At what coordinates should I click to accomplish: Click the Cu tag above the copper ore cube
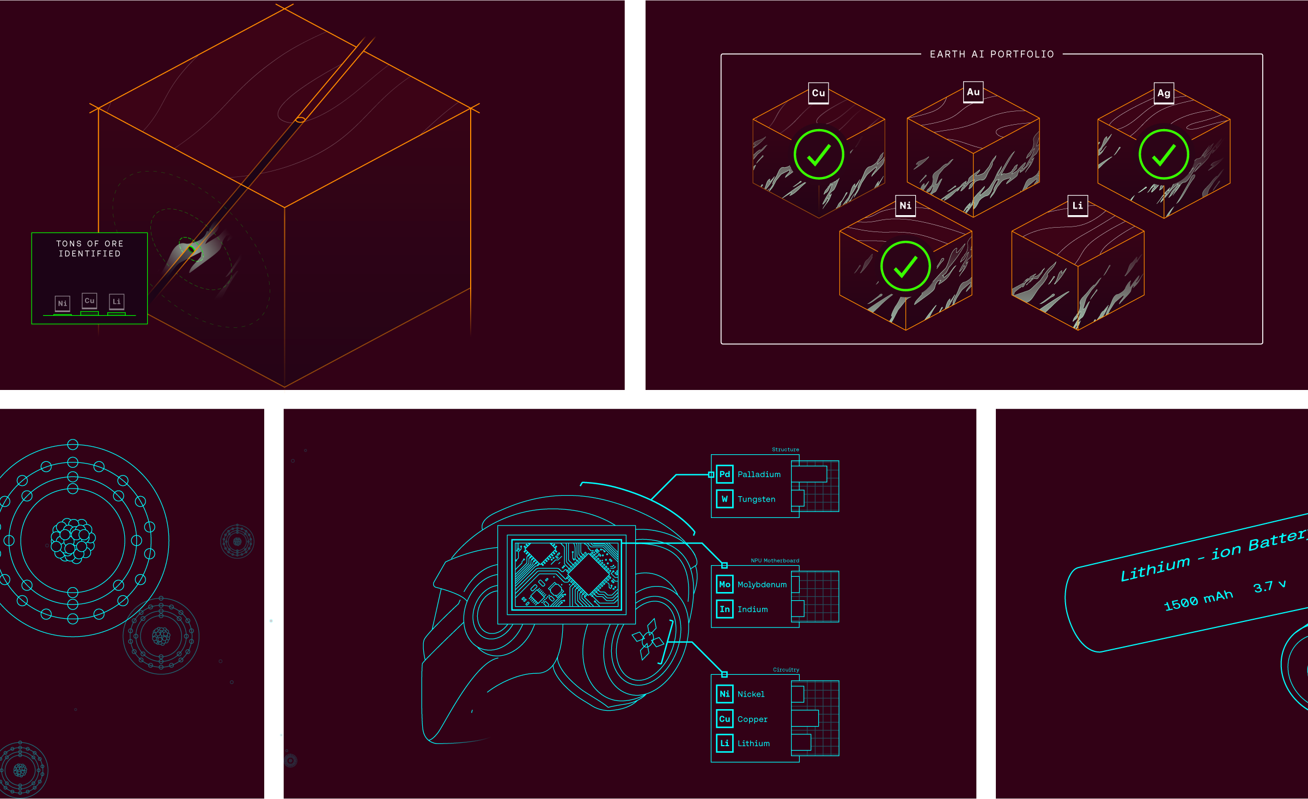click(818, 93)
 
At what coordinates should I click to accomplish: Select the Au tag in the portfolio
click(973, 92)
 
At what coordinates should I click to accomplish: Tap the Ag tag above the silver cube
click(1164, 93)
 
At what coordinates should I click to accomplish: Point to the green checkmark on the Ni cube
click(905, 266)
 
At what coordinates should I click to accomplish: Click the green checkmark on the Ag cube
click(1164, 155)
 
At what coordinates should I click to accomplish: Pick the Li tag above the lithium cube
click(1078, 206)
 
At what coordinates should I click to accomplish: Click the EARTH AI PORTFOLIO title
click(991, 54)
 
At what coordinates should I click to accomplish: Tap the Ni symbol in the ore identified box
click(63, 303)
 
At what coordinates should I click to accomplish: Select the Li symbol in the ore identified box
click(117, 301)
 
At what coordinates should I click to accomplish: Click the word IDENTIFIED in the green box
click(90, 254)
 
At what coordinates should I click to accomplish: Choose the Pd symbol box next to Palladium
click(725, 474)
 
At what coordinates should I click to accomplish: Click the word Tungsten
click(756, 499)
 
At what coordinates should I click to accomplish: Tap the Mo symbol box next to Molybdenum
click(725, 584)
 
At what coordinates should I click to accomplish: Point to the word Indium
click(752, 609)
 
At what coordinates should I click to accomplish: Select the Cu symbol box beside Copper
click(725, 719)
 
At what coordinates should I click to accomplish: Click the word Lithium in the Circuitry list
click(753, 743)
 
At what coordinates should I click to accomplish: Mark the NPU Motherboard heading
click(775, 560)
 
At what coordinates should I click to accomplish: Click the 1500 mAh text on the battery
click(1198, 600)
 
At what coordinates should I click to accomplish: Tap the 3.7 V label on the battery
click(1269, 586)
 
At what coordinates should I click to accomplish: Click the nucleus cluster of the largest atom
click(72, 540)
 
